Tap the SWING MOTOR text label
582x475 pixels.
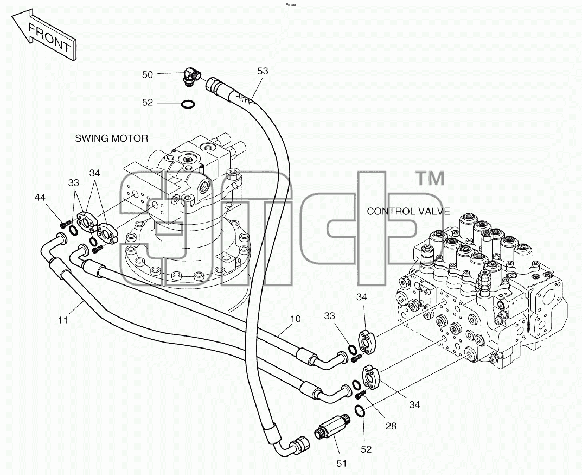[x=111, y=138]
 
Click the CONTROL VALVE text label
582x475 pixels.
[x=408, y=211]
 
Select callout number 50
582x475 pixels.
[x=148, y=75]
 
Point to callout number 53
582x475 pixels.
[x=263, y=71]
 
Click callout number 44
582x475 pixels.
[x=40, y=197]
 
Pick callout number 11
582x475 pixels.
[x=63, y=319]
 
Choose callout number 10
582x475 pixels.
[x=296, y=319]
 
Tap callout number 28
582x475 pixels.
[x=391, y=426]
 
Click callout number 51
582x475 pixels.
[x=342, y=464]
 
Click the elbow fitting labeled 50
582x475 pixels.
[x=192, y=76]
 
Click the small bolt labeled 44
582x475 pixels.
[x=65, y=224]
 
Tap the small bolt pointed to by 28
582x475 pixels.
[x=360, y=395]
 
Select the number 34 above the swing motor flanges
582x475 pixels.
[x=94, y=173]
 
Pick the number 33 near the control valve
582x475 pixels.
[x=329, y=316]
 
